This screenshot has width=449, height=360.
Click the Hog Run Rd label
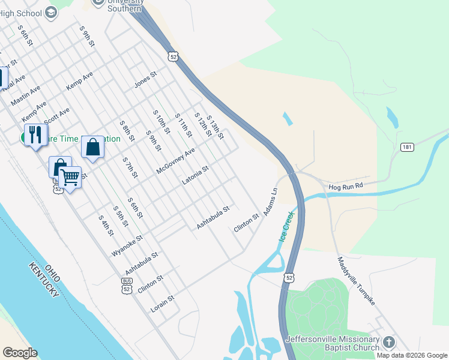tap(346, 187)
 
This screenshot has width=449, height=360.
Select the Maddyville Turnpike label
tap(356, 281)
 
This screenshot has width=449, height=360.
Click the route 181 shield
tap(407, 147)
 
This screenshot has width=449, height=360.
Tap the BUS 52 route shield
tap(127, 285)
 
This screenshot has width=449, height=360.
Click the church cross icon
tap(389, 343)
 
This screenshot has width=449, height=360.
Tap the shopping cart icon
tap(70, 178)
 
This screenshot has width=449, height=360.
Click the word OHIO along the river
tap(53, 273)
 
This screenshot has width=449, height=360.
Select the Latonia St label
tap(195, 176)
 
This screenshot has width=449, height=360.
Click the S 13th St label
tap(215, 127)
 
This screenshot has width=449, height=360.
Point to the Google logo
tap(20, 353)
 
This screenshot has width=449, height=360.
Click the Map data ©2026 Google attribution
tap(412, 355)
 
